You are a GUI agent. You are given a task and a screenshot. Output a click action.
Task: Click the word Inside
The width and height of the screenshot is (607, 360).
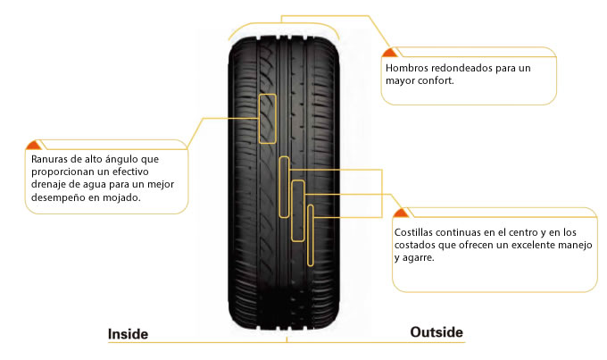pos(128,334)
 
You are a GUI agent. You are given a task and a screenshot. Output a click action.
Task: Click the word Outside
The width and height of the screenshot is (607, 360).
pos(437,332)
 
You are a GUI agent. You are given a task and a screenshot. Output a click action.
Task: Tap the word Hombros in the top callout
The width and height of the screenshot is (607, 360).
pos(406,68)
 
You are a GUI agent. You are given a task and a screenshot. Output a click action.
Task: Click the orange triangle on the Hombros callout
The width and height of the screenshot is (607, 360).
pos(389,53)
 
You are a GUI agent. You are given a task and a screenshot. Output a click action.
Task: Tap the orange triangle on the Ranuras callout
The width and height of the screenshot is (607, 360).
pos(33,145)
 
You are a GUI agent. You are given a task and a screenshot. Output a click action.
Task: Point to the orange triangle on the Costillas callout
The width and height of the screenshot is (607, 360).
pos(401,213)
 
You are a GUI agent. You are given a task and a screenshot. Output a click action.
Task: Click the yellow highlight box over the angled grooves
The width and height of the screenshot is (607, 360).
pos(259,119)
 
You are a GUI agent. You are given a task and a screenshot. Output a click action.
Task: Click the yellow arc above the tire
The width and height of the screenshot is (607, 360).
pos(283,23)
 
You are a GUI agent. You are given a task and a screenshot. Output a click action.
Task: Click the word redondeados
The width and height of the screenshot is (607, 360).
pos(461,68)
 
